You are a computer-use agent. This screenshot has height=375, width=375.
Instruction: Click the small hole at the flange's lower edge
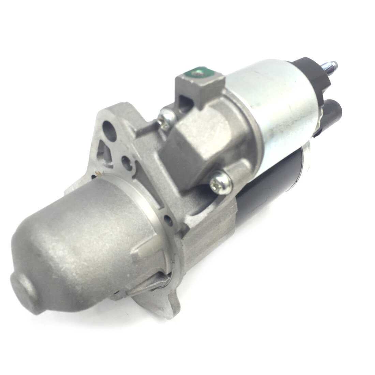167,218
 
